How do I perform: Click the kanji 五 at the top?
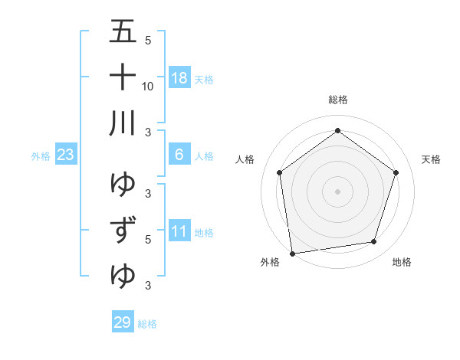point(123,32)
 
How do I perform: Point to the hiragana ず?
point(123,229)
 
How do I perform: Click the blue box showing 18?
point(179,78)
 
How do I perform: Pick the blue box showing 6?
point(179,155)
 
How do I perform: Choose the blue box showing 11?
point(179,231)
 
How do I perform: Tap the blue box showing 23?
point(66,155)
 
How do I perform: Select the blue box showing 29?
point(122,322)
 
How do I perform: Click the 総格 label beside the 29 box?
point(147,324)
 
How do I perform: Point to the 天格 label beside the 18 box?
point(204,80)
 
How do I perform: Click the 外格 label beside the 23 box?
point(41,156)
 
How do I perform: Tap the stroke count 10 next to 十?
point(148,86)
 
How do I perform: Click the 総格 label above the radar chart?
point(337,100)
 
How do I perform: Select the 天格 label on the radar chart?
point(431,159)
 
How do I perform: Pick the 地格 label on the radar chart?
point(402,262)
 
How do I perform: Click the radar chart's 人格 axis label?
point(245,159)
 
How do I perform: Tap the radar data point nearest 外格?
point(292,252)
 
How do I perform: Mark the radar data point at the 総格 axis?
point(337,131)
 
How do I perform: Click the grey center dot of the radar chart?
point(337,191)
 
